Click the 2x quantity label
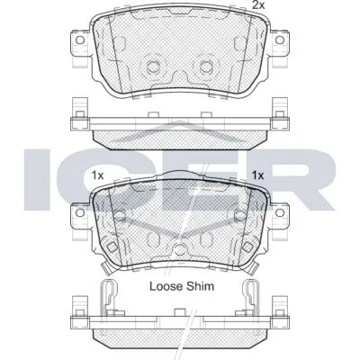tap(258, 5)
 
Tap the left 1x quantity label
tap(97, 175)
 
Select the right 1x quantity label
tap(257, 175)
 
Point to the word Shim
tap(200, 286)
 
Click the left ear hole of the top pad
tap(80, 40)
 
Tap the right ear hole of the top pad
tap(280, 40)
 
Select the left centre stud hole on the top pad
tap(153, 66)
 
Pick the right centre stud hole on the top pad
tap(206, 66)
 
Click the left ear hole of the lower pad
tap(80, 212)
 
